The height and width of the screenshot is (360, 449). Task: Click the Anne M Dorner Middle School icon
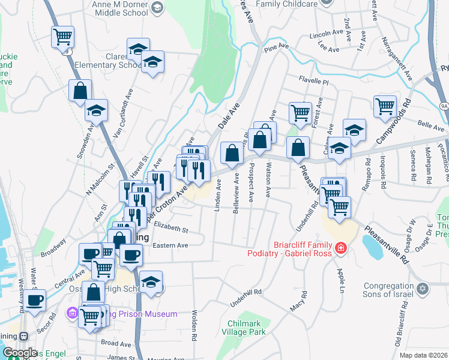[x=157, y=7]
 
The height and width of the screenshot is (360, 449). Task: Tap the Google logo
[x=20, y=353]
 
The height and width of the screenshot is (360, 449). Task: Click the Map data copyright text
[x=423, y=355]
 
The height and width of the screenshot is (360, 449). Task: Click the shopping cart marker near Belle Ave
[x=385, y=107]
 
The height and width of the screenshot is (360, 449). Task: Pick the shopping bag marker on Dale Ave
[x=232, y=153]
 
